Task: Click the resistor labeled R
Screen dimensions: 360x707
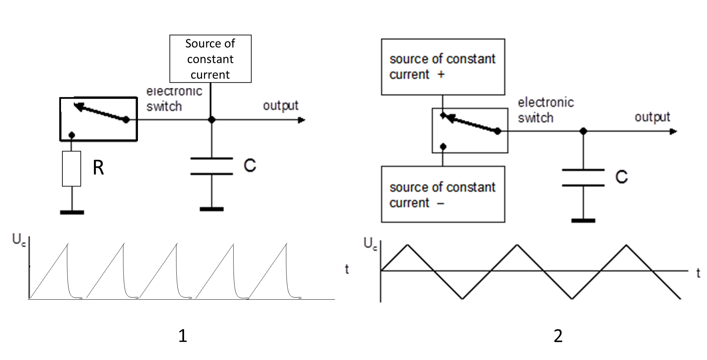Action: coord(72,169)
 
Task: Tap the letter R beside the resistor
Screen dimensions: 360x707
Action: coord(98,168)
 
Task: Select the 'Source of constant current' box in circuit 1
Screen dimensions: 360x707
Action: coord(210,59)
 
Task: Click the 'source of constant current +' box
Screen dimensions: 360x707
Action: coord(443,67)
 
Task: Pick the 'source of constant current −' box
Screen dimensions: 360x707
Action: coord(443,194)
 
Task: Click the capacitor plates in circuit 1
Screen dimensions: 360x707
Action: coord(212,166)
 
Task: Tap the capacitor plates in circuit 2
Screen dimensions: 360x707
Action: coord(583,178)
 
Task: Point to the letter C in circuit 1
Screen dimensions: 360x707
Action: coord(250,166)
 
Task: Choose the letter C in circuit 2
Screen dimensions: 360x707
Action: coord(621,177)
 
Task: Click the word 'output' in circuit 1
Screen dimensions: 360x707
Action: coord(281,106)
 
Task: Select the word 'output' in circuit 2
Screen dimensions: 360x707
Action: coord(652,117)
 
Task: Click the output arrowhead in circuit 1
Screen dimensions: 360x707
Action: coord(302,120)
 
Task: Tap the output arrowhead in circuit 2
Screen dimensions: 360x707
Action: coord(673,132)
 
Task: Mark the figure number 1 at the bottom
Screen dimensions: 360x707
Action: coord(183,336)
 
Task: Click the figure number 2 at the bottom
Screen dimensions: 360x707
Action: coord(558,336)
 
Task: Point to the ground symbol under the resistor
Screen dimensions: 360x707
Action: coord(72,212)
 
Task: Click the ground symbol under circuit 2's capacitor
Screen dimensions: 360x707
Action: coord(583,220)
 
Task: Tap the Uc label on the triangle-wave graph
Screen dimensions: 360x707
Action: coord(370,244)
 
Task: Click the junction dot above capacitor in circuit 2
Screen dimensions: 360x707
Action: coord(584,131)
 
